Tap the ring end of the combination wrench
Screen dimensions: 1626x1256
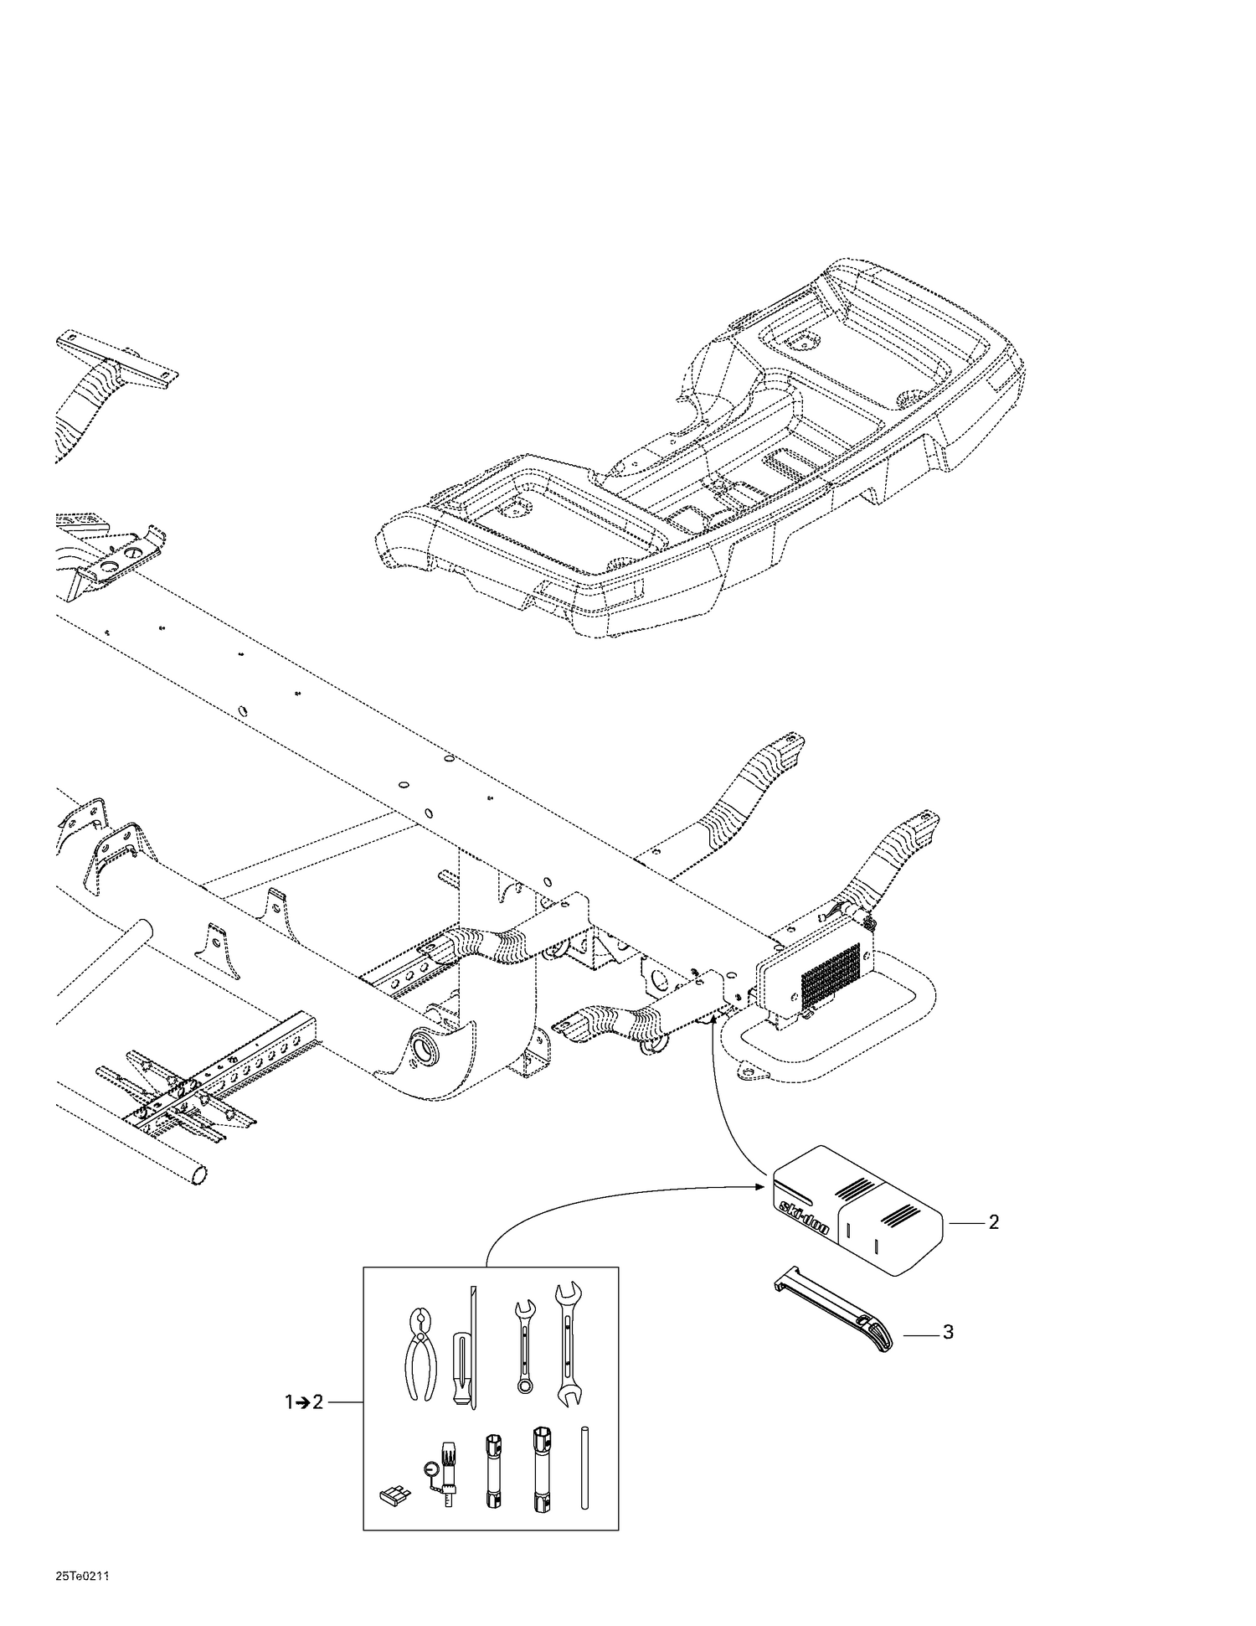coord(525,1386)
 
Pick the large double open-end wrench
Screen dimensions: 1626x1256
coord(569,1342)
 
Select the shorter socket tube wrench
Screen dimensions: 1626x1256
coord(492,1472)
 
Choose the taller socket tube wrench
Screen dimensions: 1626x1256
coord(539,1469)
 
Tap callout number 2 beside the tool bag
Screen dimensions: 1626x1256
coord(993,1222)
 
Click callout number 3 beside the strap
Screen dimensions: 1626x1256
coord(948,1331)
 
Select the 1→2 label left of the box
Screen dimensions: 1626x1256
coord(304,1401)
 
